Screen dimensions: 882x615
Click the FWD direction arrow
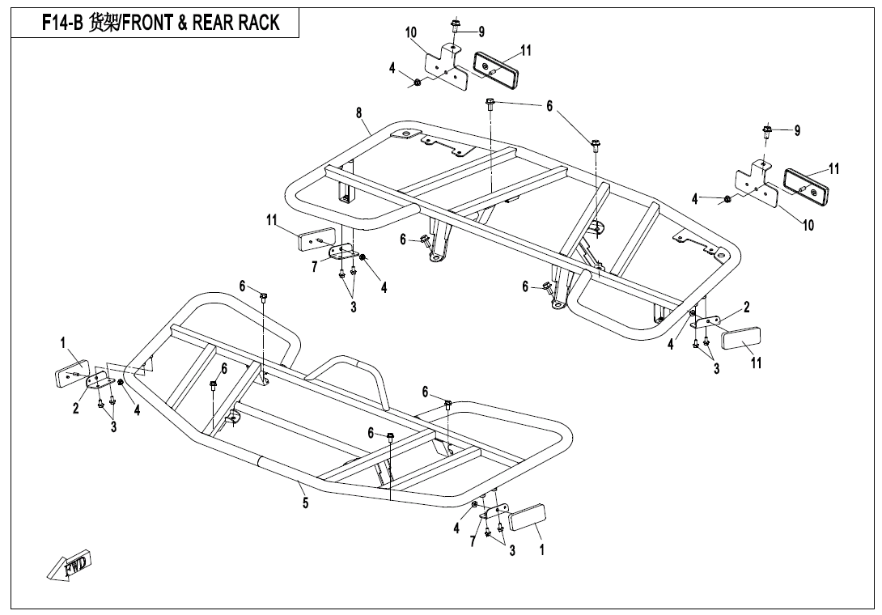pos(70,564)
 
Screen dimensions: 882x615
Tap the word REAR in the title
pos(207,23)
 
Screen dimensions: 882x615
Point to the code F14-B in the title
pos(62,23)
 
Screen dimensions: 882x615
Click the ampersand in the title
pos(183,23)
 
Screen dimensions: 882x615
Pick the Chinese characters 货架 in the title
pos(103,23)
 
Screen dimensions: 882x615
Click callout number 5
pos(305,503)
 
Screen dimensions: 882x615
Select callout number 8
pos(359,112)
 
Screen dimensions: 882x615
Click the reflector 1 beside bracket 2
pos(72,372)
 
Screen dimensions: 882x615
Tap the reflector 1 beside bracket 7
pos(527,516)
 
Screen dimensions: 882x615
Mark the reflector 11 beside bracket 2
pos(741,337)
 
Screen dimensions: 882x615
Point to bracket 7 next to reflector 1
pos(494,511)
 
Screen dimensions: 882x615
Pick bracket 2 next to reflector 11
pos(707,322)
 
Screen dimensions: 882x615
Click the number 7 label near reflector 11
pos(315,267)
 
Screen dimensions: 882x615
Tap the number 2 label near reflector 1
pos(76,409)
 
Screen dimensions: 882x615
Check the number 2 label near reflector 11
pos(746,307)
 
